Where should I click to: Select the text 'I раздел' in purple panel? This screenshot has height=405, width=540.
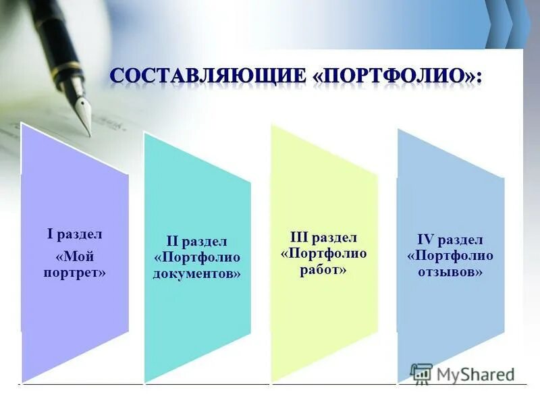point(74,234)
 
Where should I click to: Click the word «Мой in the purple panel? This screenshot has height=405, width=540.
point(74,256)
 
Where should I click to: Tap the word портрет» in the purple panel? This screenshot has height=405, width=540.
point(74,273)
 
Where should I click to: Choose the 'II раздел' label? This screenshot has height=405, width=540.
point(196,241)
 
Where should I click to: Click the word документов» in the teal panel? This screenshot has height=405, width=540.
point(196,274)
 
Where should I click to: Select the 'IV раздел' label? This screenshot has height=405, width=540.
point(450,240)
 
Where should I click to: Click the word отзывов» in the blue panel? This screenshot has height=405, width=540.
point(450,273)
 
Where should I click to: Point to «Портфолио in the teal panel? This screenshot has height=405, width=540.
point(196,258)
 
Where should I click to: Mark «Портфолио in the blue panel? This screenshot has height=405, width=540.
point(450,256)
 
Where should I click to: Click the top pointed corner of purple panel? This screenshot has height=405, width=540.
point(23,125)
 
